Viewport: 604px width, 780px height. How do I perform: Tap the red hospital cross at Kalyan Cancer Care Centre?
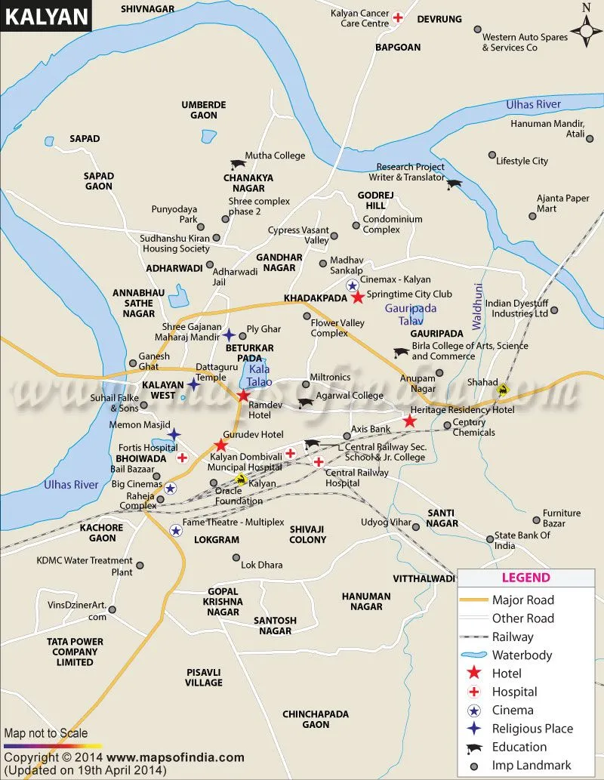coord(398,17)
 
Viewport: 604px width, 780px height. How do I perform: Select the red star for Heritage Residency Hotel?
coord(409,421)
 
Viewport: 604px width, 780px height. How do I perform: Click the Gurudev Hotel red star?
coord(220,445)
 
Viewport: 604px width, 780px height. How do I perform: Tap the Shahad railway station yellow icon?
coord(503,390)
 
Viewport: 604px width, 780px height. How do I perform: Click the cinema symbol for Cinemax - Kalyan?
coord(352,285)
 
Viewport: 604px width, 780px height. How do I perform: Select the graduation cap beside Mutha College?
coord(238,164)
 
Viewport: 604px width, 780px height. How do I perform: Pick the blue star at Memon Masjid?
coord(174,434)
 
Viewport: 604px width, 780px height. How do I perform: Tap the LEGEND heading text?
coord(526,578)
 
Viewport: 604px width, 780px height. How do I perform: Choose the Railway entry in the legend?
coord(513,637)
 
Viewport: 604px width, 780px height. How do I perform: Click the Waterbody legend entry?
coord(522,655)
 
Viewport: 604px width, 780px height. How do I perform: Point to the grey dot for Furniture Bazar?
coord(536,521)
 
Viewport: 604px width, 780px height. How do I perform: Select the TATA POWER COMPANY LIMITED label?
coord(72,652)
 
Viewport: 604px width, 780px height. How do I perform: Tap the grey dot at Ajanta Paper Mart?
coord(532,216)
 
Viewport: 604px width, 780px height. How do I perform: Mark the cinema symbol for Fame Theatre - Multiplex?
coord(175,530)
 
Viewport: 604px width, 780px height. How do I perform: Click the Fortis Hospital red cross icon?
coord(182,458)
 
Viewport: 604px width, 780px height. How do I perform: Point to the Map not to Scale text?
coord(46,733)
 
